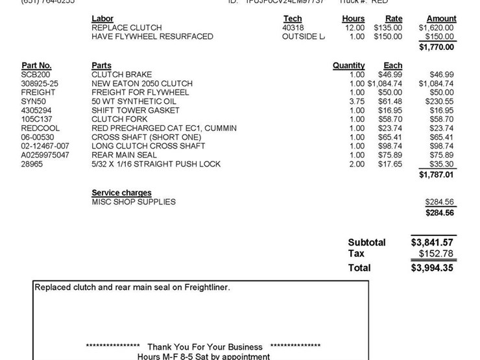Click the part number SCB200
click(32, 75)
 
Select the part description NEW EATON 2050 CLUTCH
click(142, 84)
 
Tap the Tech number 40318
click(293, 28)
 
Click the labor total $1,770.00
click(437, 47)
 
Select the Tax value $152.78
click(437, 254)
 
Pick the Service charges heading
click(121, 193)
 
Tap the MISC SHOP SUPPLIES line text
click(134, 202)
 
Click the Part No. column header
click(36, 66)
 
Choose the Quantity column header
click(348, 66)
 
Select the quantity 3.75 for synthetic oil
click(357, 101)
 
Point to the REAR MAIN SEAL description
click(124, 155)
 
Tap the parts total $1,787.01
click(437, 174)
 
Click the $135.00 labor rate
click(388, 28)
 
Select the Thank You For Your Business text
click(205, 347)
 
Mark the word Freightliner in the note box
click(202, 287)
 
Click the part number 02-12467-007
click(45, 146)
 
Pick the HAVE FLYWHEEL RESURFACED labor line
click(152, 37)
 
